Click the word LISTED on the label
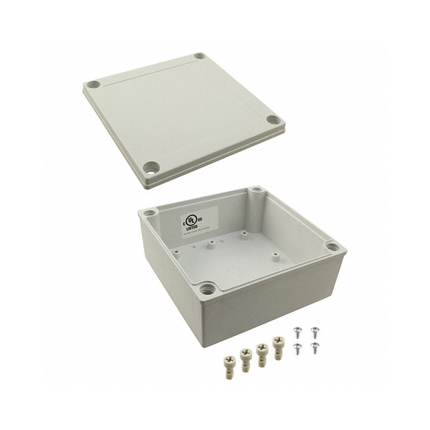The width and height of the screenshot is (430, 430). (x=192, y=228)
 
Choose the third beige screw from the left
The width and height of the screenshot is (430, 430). (x=262, y=353)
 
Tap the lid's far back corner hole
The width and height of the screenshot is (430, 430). (x=200, y=55)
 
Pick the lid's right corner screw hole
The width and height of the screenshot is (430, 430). (x=274, y=120)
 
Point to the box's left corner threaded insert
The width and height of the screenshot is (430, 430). (x=150, y=213)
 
